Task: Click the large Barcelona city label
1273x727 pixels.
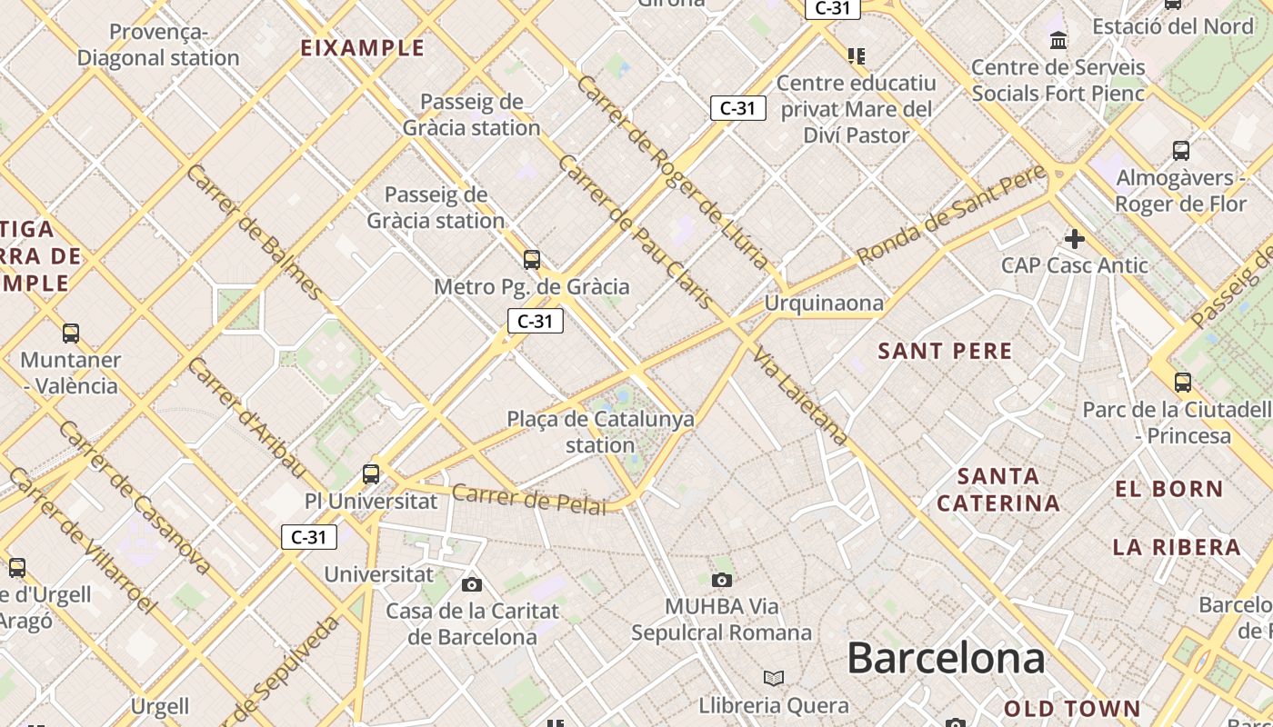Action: (x=946, y=658)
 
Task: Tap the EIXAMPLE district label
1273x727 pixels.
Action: (x=363, y=47)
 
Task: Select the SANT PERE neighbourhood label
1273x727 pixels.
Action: (x=945, y=351)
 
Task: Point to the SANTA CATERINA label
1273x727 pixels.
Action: (x=998, y=489)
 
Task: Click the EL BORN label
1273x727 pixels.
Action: (x=1169, y=489)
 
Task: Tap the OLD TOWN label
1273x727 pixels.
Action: (x=1072, y=708)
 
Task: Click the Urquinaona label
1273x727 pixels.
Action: (x=824, y=303)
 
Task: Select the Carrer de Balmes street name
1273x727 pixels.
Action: (x=254, y=232)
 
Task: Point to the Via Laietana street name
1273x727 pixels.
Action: (x=801, y=397)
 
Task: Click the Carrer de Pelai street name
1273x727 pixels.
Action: (x=528, y=499)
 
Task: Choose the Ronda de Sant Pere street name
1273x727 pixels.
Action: (x=951, y=215)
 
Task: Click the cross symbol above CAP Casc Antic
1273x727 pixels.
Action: (x=1075, y=239)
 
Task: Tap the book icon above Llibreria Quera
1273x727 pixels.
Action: (x=774, y=678)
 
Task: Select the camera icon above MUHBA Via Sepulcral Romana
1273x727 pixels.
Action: (x=722, y=580)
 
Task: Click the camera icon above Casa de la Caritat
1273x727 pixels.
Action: (x=471, y=584)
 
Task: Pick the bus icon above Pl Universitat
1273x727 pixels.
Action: (x=371, y=473)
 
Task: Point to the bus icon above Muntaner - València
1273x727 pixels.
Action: (x=71, y=334)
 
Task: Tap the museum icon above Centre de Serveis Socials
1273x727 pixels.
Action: (x=1058, y=40)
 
